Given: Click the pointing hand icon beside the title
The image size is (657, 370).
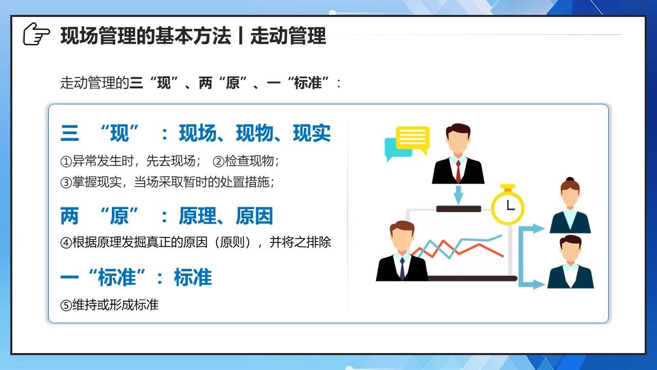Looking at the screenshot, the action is click(x=36, y=34).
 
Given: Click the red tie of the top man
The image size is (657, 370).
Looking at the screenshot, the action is click(x=458, y=172).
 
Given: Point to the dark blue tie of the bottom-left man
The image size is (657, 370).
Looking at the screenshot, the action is click(x=402, y=269).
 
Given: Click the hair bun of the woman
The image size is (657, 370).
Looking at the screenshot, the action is click(x=570, y=179).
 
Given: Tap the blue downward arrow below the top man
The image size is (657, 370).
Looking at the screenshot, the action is click(x=458, y=195).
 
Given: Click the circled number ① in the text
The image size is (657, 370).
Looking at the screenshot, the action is click(x=66, y=161).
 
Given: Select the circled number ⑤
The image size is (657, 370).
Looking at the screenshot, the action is click(x=66, y=305).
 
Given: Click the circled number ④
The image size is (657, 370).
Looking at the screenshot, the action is click(x=66, y=243).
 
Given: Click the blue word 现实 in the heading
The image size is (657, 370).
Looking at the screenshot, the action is click(x=312, y=133).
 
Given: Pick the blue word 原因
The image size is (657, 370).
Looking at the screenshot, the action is click(x=254, y=216).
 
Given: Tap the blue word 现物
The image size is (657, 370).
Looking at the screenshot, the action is click(x=255, y=133).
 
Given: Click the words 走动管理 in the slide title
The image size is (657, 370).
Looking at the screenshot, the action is click(x=288, y=35).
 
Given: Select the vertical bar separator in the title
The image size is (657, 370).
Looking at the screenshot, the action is click(x=241, y=35).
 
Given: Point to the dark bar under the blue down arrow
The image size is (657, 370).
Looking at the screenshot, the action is click(x=458, y=209).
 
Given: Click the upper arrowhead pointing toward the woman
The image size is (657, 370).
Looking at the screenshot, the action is click(x=538, y=229).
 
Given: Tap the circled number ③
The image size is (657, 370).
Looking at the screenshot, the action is click(x=66, y=182).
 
